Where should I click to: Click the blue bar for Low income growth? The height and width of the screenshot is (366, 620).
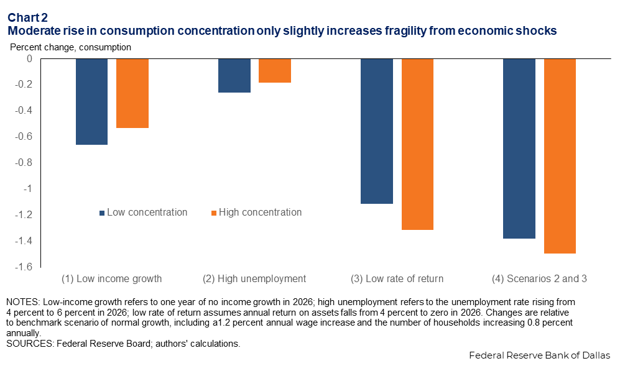tap(91, 101)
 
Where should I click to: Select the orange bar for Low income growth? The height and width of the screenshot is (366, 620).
tap(132, 93)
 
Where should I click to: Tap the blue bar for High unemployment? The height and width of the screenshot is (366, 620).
tap(234, 75)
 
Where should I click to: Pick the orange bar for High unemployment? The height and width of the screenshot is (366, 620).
tap(275, 70)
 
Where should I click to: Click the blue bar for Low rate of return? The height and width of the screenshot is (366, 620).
tap(377, 131)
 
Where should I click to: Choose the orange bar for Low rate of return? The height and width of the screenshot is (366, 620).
tap(417, 144)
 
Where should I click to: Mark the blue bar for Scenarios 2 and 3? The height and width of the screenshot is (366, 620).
tap(519, 149)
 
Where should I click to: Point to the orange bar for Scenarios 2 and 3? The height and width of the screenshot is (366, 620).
tap(560, 156)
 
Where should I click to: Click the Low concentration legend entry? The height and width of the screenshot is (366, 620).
tap(143, 213)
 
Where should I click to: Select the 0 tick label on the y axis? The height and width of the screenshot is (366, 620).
tap(29, 58)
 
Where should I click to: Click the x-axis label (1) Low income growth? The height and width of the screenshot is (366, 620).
tap(112, 278)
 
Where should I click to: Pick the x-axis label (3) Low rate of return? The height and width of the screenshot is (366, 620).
tap(397, 278)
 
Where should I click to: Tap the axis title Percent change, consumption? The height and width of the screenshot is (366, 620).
tap(70, 47)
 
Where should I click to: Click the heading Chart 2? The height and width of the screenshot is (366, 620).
tap(27, 17)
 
